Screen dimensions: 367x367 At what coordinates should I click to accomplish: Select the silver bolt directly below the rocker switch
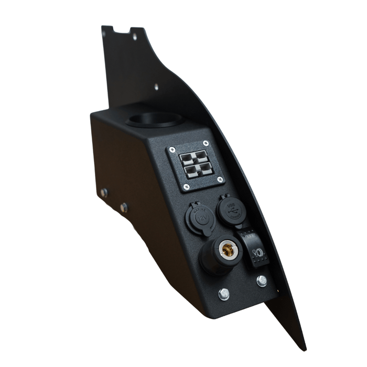click(x=261, y=281)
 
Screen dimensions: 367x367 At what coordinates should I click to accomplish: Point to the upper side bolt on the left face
click(x=104, y=192)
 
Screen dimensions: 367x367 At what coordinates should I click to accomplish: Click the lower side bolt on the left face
click(x=124, y=208)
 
